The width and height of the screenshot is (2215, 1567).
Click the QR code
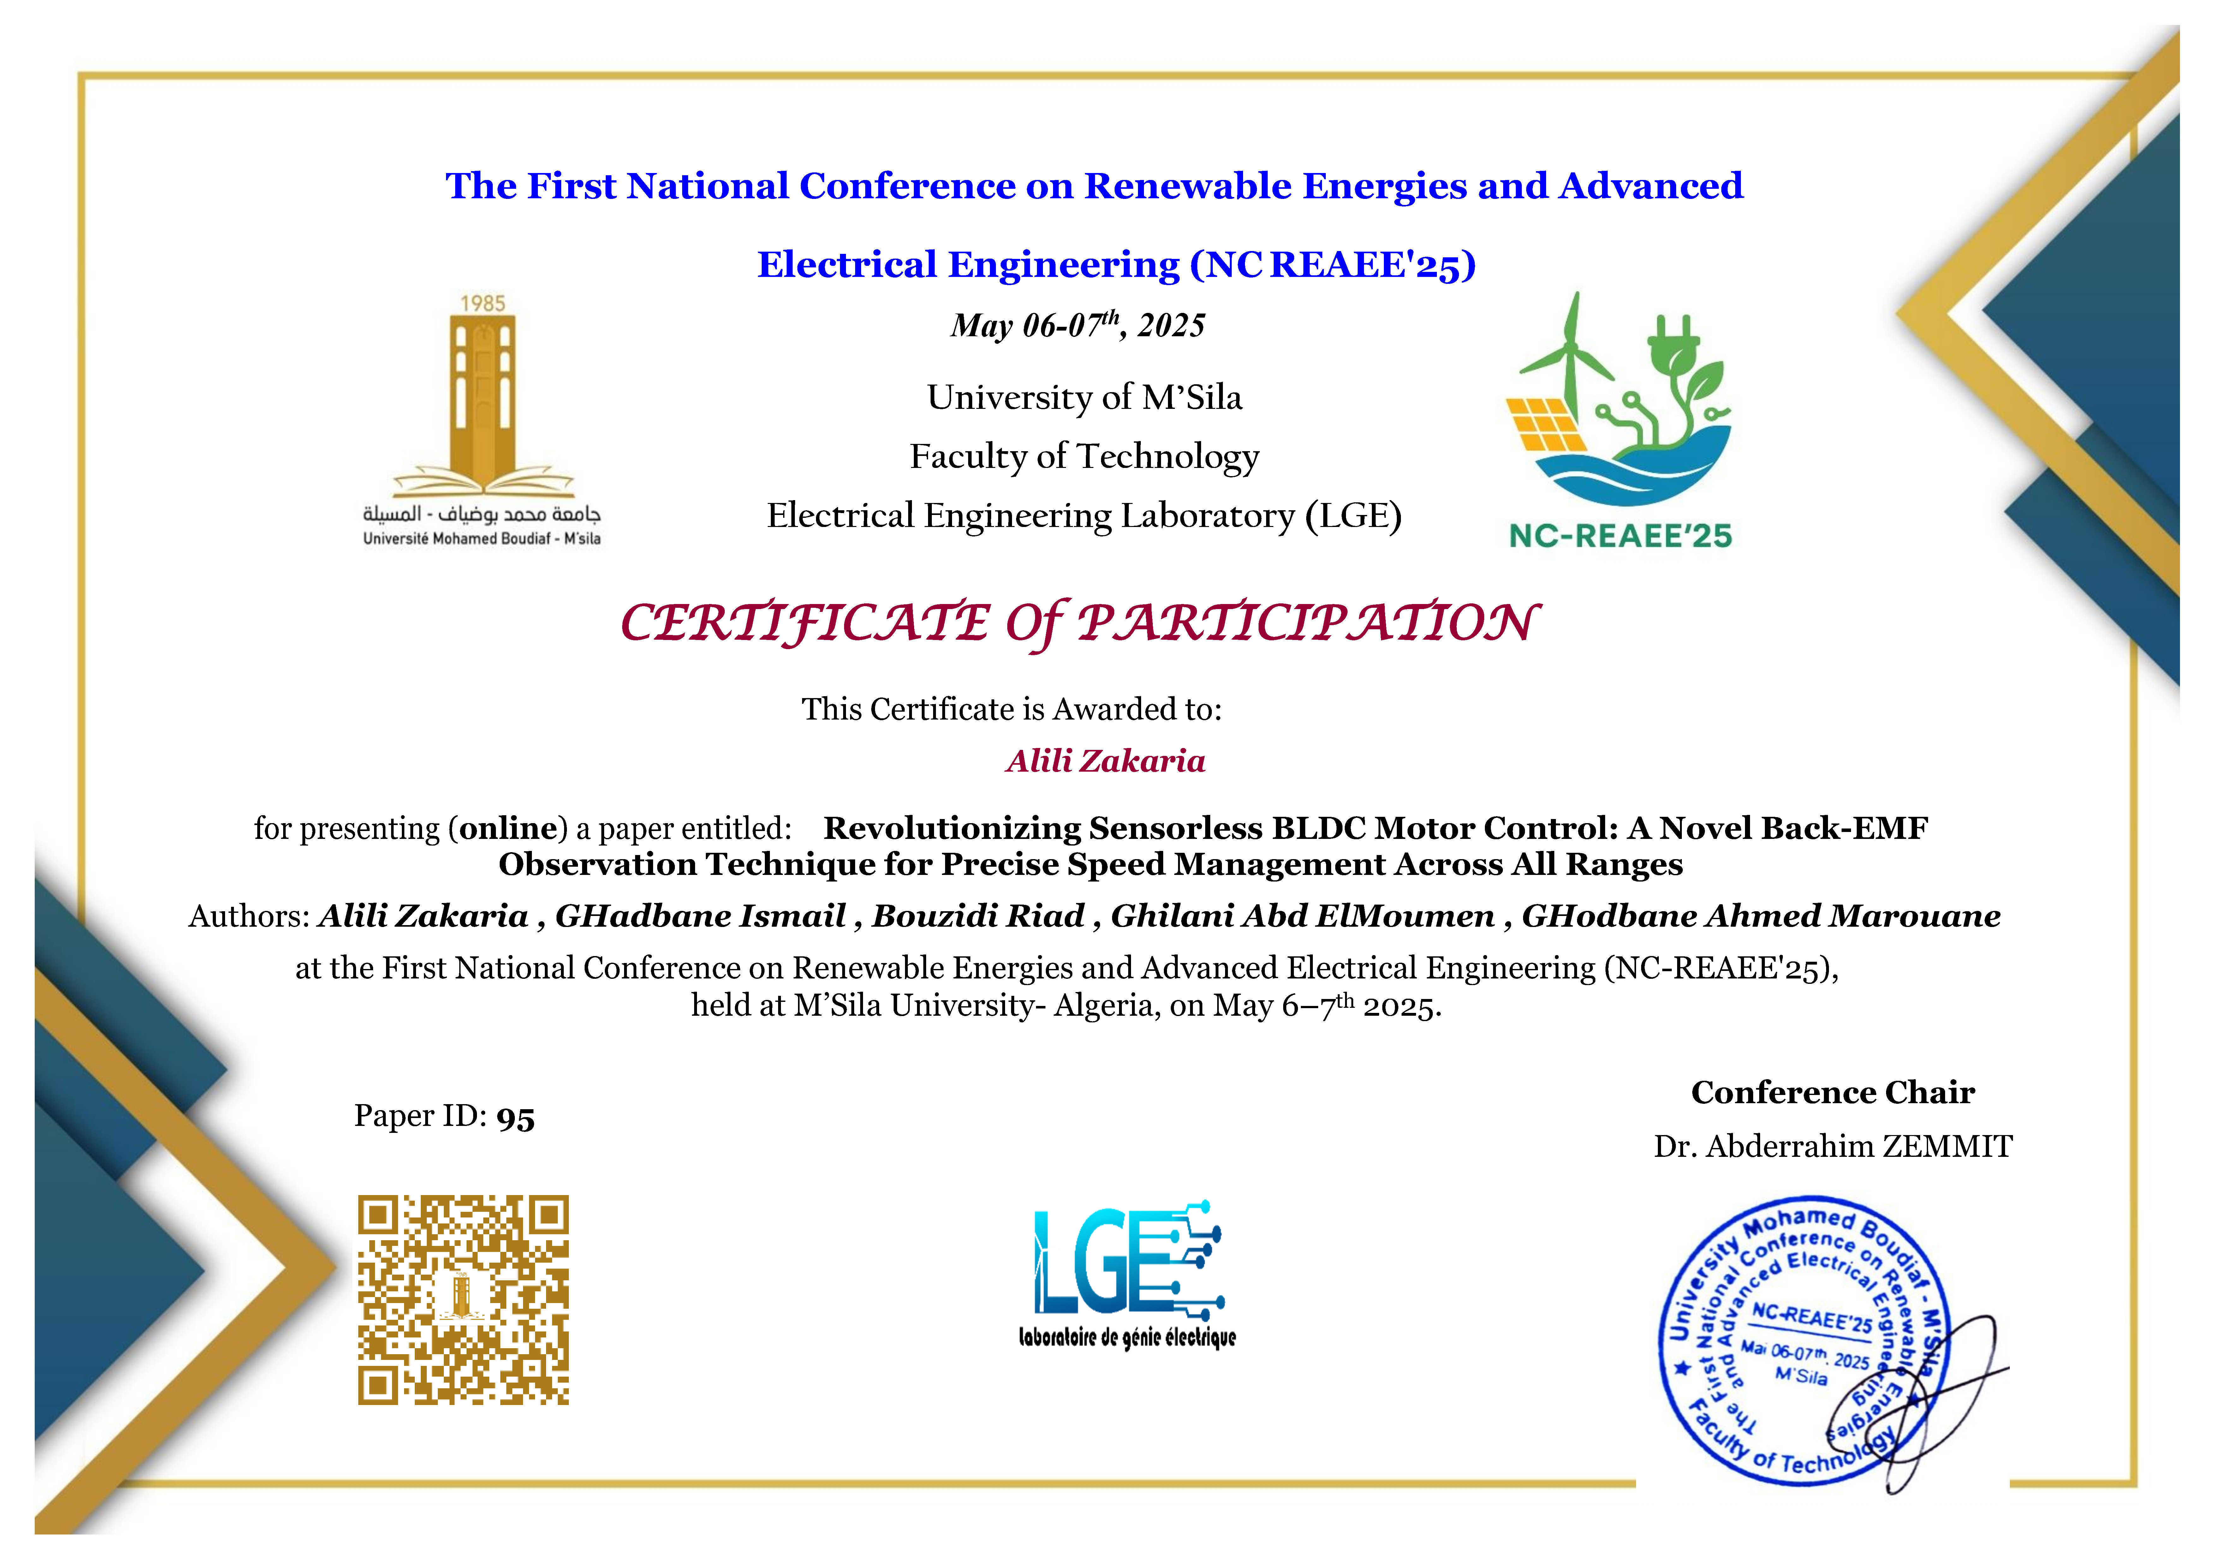tap(463, 1300)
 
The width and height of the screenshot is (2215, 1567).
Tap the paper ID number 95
tap(515, 1117)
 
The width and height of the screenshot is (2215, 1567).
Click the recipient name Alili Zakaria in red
tap(1105, 761)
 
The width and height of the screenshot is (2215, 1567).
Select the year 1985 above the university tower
tap(482, 303)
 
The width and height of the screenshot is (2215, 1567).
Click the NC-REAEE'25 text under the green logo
tap(1621, 535)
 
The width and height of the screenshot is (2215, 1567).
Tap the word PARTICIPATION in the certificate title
tap(1307, 622)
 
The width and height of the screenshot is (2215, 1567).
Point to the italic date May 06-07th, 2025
tap(1078, 325)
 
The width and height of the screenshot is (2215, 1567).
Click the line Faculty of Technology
tap(1084, 457)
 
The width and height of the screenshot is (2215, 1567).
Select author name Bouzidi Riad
tap(978, 916)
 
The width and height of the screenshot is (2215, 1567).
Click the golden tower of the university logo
tap(482, 396)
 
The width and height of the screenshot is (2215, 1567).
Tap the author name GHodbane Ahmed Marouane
tap(1761, 916)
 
